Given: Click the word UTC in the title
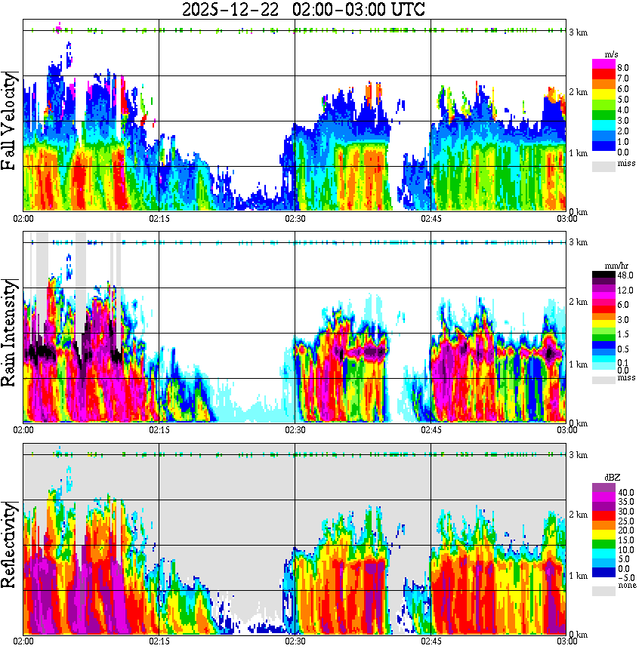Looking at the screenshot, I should (402, 10).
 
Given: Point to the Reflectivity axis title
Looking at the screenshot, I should (11, 544).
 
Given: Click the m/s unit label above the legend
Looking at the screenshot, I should (610, 55).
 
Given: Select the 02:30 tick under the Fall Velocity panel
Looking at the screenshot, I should (295, 219).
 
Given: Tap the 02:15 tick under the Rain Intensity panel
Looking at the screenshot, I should (159, 430).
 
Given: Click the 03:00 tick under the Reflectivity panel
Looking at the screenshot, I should (566, 641).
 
